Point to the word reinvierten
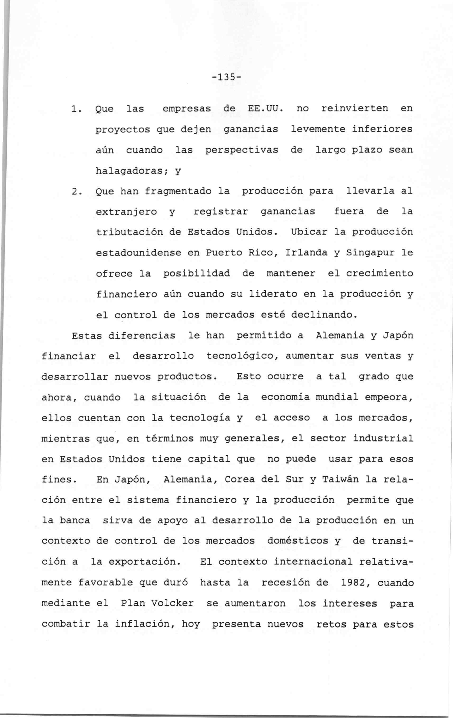coord(354,109)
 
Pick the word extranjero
coord(126,212)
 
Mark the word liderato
coord(273,294)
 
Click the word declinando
coord(324,315)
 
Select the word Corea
coord(239,480)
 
